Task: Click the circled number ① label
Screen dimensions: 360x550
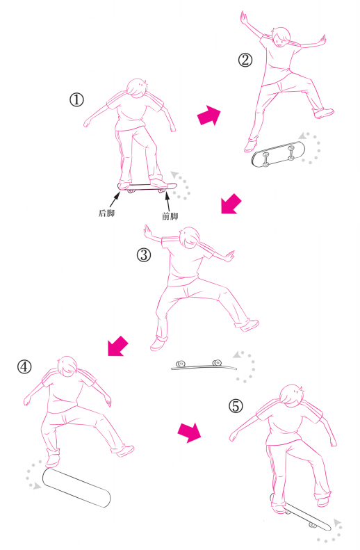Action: pos(76,100)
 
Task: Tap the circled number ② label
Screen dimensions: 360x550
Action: pos(245,60)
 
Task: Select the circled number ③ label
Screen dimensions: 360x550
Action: pos(144,255)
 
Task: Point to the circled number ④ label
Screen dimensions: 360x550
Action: pos(24,367)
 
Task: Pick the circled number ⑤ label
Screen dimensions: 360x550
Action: pos(236,406)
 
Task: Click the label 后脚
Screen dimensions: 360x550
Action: pos(106,213)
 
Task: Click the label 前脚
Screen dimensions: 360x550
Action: pos(170,216)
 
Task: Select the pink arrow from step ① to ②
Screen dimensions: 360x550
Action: pos(209,115)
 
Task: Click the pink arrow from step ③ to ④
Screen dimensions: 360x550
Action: pos(117,346)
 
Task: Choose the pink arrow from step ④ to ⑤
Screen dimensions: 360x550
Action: pos(189,432)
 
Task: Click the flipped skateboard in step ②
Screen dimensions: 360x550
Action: pos(277,154)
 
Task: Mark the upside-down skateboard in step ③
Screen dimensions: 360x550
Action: pos(204,365)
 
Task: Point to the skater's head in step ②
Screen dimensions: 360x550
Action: pos(281,36)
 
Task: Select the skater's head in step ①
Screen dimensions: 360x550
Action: pos(136,88)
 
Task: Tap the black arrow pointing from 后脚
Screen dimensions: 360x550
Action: pos(115,200)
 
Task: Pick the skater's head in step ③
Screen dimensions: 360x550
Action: pos(189,238)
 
